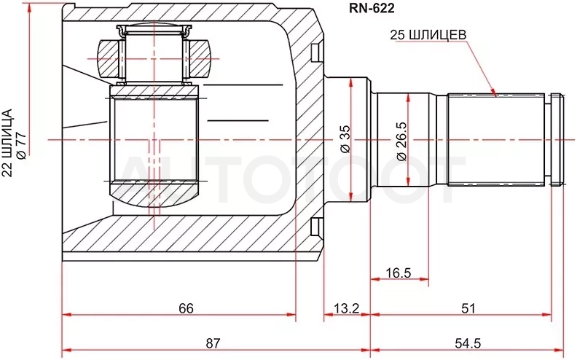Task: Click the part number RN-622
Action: [372, 8]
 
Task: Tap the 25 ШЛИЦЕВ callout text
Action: [428, 35]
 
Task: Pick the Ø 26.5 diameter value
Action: [402, 141]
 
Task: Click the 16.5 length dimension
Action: [399, 273]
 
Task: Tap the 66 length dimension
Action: [186, 308]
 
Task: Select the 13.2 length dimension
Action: [346, 308]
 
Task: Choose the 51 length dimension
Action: [468, 308]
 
